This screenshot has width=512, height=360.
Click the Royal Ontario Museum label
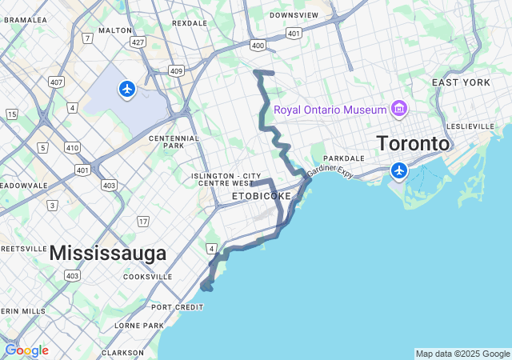pos(328,110)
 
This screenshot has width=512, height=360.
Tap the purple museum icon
pos(398,109)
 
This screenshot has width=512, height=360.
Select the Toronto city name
pos(413,144)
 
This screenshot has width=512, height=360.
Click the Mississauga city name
pos(108,254)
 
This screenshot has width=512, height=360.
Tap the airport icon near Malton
pos(127,88)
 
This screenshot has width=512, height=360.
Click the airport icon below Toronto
pos(398,170)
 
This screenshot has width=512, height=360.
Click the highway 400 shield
pos(258,46)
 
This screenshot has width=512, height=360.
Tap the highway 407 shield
pos(57,82)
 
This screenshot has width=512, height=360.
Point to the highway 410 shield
pos(72,148)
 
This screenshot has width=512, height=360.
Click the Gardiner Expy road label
pos(330,170)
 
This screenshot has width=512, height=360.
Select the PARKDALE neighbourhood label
pos(344,158)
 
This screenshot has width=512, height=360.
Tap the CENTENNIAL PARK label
pos(174,142)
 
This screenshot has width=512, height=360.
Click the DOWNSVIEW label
pos(294,15)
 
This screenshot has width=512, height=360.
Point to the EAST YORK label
pos(461,83)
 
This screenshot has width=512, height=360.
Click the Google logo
pos(26,350)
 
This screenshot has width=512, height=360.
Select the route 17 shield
pos(143,221)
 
